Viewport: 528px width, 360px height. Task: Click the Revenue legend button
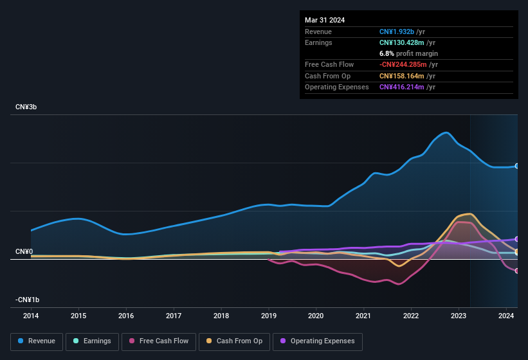pyautogui.click(x=37, y=341)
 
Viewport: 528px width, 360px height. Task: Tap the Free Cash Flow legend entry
pyautogui.click(x=159, y=341)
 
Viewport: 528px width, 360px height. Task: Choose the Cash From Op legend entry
pyautogui.click(x=233, y=341)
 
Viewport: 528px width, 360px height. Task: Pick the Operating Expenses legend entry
pyautogui.click(x=318, y=341)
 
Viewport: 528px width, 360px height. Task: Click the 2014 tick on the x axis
pyautogui.click(x=31, y=316)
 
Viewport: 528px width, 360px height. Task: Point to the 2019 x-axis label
pyautogui.click(x=268, y=316)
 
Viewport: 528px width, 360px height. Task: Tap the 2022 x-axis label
pyautogui.click(x=411, y=316)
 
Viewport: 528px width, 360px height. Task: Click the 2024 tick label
pyautogui.click(x=505, y=316)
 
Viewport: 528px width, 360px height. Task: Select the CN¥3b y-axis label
pyautogui.click(x=26, y=107)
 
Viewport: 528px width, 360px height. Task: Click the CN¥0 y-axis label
pyautogui.click(x=24, y=251)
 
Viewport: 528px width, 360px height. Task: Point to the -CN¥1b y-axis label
pyautogui.click(x=28, y=300)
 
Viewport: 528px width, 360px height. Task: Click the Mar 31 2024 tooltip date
pyautogui.click(x=325, y=20)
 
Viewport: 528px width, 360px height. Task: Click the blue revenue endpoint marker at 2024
pyautogui.click(x=517, y=166)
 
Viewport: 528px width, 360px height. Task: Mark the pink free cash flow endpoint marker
pyautogui.click(x=517, y=271)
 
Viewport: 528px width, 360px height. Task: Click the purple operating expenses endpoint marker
pyautogui.click(x=517, y=239)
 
